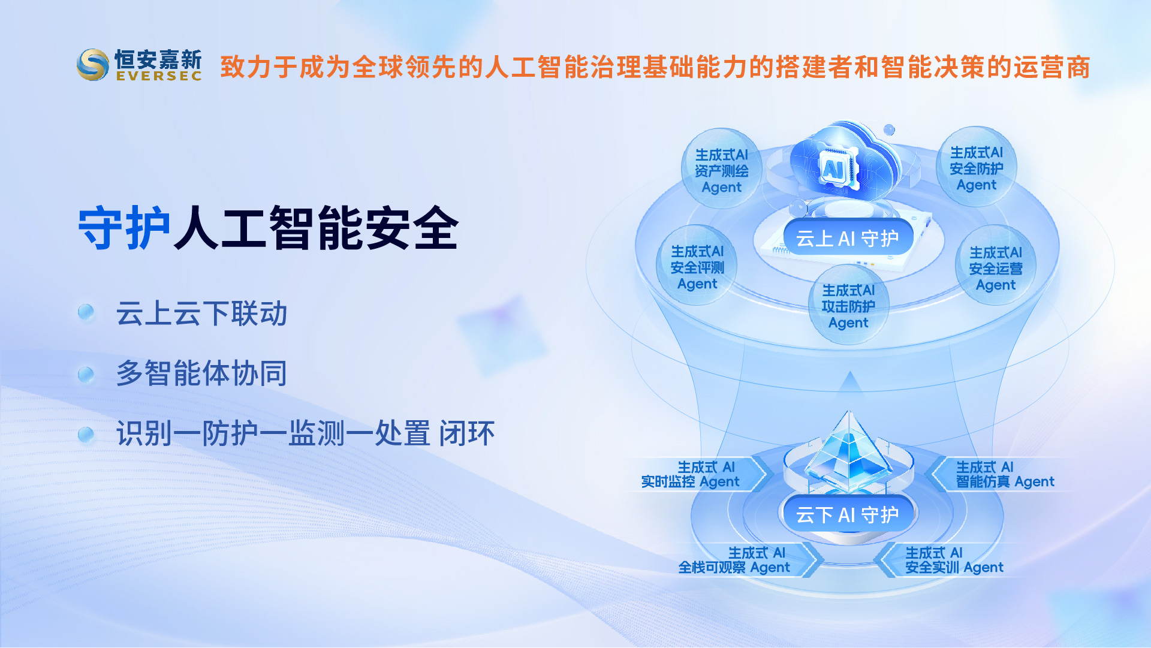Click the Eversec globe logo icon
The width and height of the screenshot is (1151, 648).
[x=93, y=65]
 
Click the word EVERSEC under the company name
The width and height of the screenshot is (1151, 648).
[x=159, y=76]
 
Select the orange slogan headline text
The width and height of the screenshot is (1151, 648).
[x=655, y=67]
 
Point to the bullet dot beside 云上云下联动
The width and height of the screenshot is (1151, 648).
[x=86, y=312]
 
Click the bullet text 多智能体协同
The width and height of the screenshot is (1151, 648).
[x=202, y=373]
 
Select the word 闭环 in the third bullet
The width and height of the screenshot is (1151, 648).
[x=468, y=433]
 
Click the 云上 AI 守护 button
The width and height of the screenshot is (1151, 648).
[x=848, y=238]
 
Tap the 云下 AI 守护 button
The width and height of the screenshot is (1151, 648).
[x=848, y=514]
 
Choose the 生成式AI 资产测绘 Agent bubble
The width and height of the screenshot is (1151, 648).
[x=722, y=169]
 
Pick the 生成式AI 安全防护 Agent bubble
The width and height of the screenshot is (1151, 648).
[x=977, y=167]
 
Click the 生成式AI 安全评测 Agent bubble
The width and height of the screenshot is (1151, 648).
[x=697, y=266]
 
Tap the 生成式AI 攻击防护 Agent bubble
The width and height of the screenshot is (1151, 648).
[x=848, y=305]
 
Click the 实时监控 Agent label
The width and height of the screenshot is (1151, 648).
[x=691, y=474]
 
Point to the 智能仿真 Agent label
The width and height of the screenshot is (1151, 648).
[x=1005, y=474]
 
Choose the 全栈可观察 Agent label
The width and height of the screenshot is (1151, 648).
[x=734, y=560]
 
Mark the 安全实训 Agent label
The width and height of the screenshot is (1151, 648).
[x=954, y=560]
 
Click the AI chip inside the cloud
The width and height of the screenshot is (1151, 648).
[x=834, y=168]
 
